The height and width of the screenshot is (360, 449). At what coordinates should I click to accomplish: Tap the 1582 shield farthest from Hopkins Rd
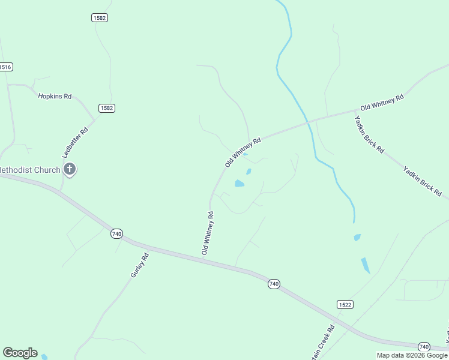100,18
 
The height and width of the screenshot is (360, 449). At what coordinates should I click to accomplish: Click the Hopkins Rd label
55,96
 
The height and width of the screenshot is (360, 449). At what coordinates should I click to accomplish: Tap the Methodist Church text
31,170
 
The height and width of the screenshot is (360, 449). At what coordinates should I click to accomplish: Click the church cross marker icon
70,169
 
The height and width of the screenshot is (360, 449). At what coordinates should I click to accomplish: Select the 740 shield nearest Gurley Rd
116,233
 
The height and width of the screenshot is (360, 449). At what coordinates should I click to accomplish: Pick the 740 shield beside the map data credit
424,347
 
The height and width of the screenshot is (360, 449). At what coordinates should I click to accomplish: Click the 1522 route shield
345,304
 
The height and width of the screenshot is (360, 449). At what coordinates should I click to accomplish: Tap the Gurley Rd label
139,265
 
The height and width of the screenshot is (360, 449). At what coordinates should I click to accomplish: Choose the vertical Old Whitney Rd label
208,233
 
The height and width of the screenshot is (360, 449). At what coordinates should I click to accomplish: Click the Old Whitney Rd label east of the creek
382,101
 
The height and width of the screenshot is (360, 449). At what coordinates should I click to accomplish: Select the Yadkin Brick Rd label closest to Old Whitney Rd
369,134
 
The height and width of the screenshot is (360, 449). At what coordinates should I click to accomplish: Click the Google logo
20,353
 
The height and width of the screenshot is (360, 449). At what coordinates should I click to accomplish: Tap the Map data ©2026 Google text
412,355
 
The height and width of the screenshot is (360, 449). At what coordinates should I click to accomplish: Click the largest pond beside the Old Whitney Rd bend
240,184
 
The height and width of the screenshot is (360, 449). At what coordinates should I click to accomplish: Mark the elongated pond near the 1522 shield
366,265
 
